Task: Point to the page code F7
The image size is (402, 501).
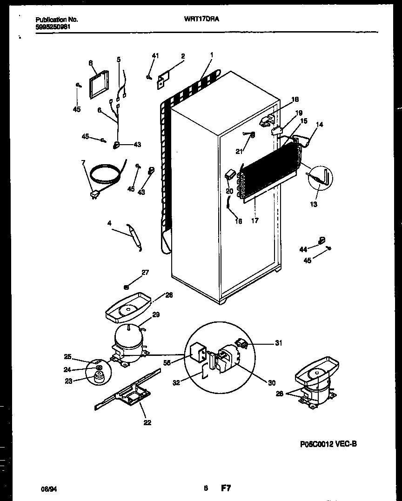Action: [x=226, y=488]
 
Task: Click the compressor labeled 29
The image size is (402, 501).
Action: [x=129, y=343]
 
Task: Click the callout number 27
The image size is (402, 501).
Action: [x=145, y=273]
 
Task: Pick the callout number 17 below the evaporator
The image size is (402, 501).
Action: [x=255, y=220]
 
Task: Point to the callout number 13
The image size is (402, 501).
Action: [x=314, y=204]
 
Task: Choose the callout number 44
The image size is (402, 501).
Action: [x=303, y=250]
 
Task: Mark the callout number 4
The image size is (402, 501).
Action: [x=109, y=223]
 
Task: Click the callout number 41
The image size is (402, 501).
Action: [x=155, y=56]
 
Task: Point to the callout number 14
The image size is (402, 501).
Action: [x=319, y=125]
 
